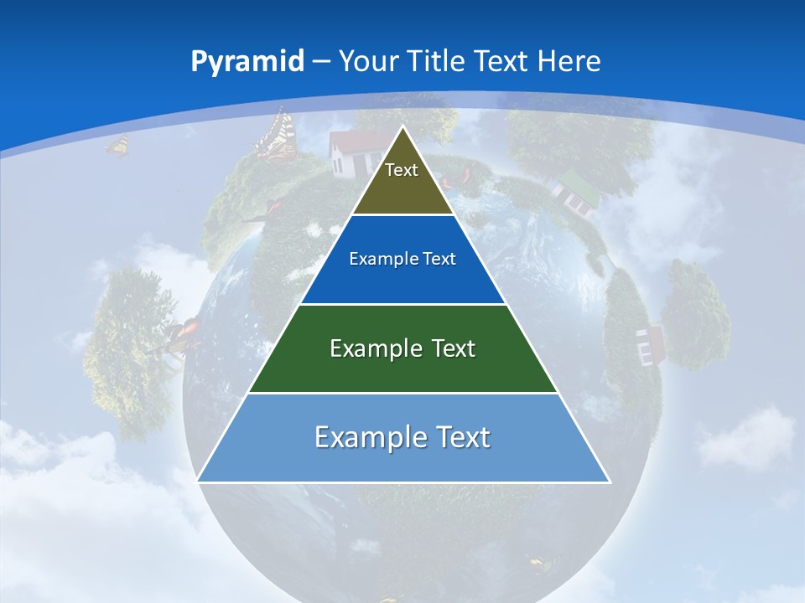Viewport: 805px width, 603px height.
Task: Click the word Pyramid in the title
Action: pos(247,62)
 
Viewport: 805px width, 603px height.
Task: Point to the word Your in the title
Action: pos(370,62)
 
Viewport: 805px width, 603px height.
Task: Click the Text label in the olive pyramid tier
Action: pos(402,170)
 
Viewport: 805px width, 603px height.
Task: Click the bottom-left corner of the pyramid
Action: pos(198,481)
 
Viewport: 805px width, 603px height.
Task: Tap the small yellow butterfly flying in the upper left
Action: pos(117,146)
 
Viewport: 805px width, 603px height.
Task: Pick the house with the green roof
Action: pos(576,191)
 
